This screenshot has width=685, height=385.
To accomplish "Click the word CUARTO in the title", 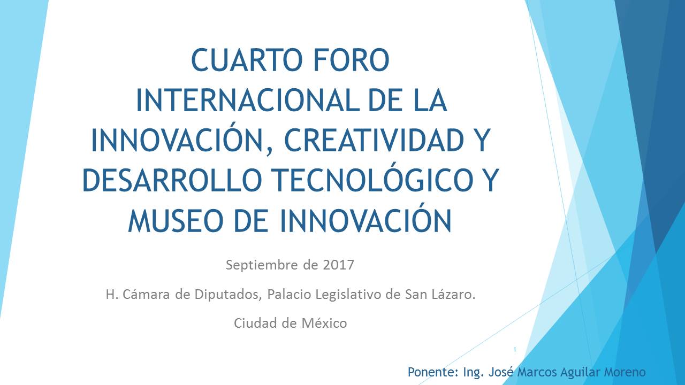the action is pyautogui.click(x=243, y=60).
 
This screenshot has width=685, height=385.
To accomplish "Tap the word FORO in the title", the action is pyautogui.click(x=351, y=60).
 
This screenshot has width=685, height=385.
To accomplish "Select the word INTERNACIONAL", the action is pyautogui.click(x=248, y=100).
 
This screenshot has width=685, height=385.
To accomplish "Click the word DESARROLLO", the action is pyautogui.click(x=172, y=180).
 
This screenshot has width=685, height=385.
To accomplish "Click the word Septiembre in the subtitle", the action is pyautogui.click(x=262, y=265).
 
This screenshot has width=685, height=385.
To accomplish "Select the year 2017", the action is pyautogui.click(x=339, y=265).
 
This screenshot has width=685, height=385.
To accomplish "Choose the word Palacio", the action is pyautogui.click(x=289, y=294).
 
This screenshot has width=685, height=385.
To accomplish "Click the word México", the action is pyautogui.click(x=324, y=322).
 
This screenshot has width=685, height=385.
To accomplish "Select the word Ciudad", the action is pyautogui.click(x=255, y=323).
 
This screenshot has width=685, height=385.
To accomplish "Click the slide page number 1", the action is pyautogui.click(x=515, y=350).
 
